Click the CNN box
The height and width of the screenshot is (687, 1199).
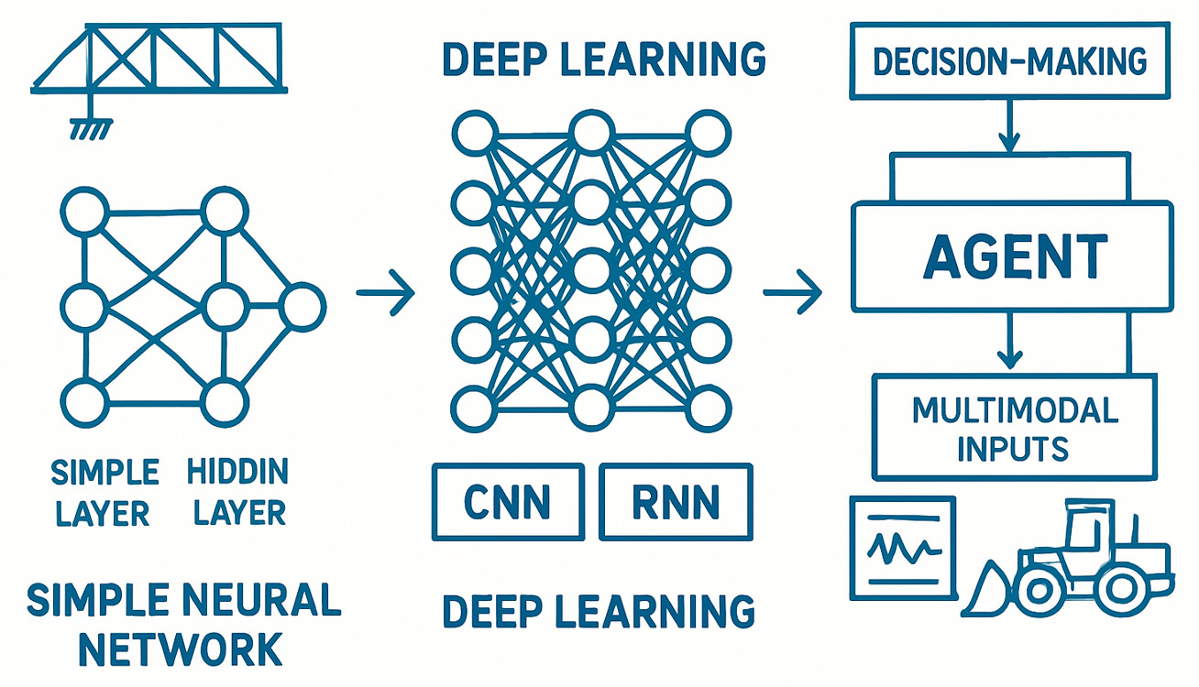click(508, 501)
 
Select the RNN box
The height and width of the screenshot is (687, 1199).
click(676, 501)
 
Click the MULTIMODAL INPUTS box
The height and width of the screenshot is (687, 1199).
click(1014, 428)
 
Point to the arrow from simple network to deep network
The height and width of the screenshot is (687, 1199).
click(385, 293)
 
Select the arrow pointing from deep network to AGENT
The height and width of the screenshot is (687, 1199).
click(792, 293)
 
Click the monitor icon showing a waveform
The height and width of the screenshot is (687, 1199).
click(903, 549)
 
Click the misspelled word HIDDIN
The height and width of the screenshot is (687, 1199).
click(237, 473)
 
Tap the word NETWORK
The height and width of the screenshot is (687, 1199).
click(180, 649)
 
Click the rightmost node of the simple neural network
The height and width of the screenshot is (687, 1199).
click(302, 307)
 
